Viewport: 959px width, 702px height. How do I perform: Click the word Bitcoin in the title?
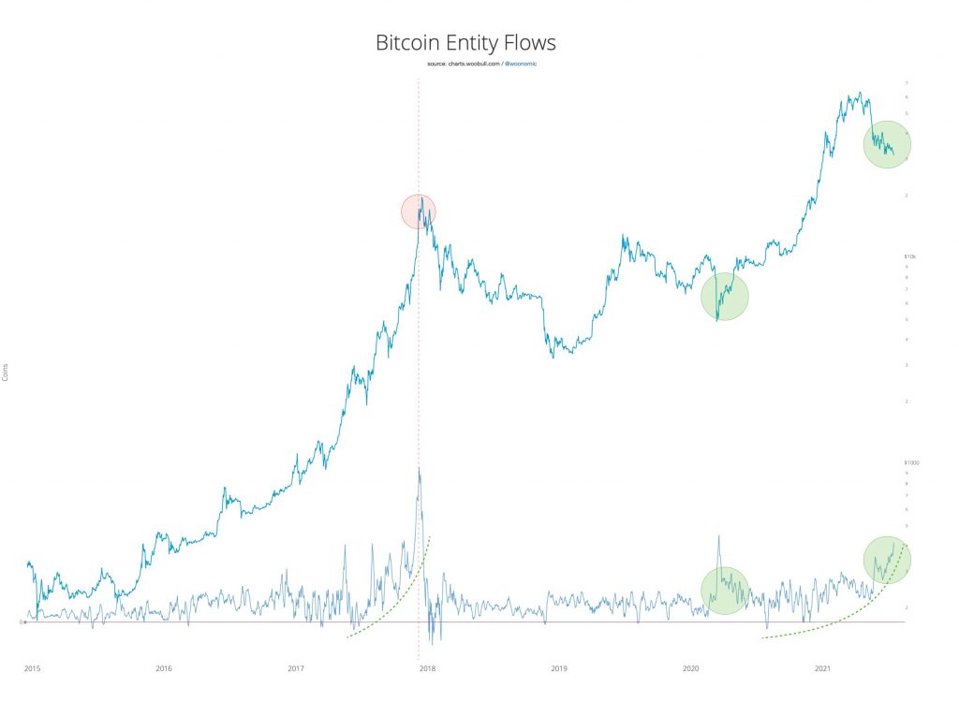(408, 43)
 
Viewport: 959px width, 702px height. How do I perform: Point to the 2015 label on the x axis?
(32, 668)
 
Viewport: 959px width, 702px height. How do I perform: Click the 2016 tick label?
(164, 668)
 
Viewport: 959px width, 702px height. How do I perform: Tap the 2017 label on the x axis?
(296, 668)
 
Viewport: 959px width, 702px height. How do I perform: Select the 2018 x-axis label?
(427, 668)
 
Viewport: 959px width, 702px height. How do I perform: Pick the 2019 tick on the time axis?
(559, 668)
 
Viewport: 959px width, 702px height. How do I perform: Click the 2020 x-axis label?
(691, 668)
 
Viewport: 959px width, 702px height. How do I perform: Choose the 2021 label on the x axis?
(822, 668)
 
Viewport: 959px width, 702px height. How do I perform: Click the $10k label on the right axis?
(909, 256)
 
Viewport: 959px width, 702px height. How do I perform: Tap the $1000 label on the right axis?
(911, 463)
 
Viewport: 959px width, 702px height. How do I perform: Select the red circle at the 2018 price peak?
(418, 212)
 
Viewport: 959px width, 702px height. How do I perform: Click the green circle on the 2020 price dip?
(724, 296)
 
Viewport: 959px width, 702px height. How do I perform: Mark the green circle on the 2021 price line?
(886, 144)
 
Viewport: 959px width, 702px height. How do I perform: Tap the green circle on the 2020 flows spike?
(724, 591)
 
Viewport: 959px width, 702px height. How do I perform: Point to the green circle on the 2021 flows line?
(886, 560)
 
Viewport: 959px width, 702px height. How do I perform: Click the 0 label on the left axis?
(22, 622)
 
